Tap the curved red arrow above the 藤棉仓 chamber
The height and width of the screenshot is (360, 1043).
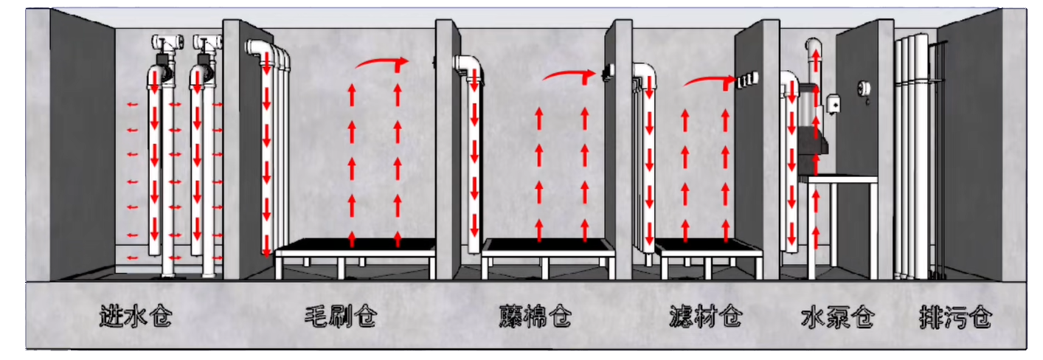(x=569, y=74)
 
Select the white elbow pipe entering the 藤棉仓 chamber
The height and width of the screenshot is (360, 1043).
(x=469, y=65)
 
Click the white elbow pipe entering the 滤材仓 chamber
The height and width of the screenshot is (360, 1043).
(x=644, y=72)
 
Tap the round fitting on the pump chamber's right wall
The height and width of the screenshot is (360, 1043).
(x=864, y=89)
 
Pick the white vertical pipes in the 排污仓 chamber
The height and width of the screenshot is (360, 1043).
(x=909, y=155)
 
